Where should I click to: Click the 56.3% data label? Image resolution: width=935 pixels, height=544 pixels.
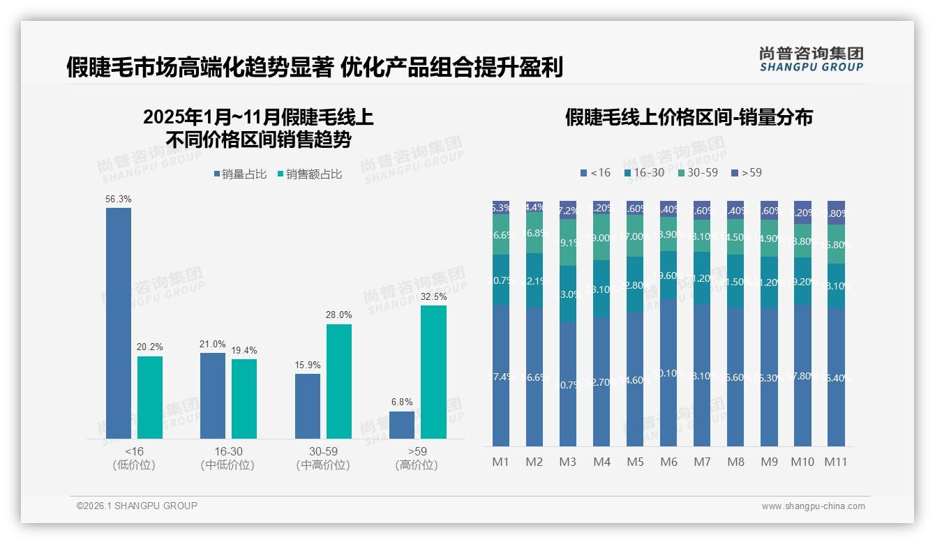pos(119,199)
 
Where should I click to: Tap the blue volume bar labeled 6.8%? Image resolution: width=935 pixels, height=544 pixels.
pos(402,425)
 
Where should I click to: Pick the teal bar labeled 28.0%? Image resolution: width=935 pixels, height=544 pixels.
pos(339,381)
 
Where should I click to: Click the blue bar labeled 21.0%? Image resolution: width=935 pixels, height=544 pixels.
pos(213,395)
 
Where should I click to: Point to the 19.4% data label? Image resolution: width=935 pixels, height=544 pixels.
pos(244,350)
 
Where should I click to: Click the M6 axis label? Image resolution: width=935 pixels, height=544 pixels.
pos(668,462)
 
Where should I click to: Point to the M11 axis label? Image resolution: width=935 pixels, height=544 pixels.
pos(836,462)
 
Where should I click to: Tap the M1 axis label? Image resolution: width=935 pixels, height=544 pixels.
pos(501,462)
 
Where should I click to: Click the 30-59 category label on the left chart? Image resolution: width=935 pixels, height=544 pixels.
pos(323,451)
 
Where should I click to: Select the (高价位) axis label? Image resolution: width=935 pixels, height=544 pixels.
pos(417,465)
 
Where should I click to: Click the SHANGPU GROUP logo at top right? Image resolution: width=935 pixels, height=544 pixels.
pos(811,59)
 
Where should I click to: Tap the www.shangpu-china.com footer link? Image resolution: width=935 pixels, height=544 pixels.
pos(813,506)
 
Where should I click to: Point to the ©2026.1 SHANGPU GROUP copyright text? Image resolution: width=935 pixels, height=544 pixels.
pos(137,506)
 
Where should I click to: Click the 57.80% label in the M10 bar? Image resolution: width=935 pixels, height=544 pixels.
pos(803,376)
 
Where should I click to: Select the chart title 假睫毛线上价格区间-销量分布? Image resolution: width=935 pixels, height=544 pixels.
pos(689,117)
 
